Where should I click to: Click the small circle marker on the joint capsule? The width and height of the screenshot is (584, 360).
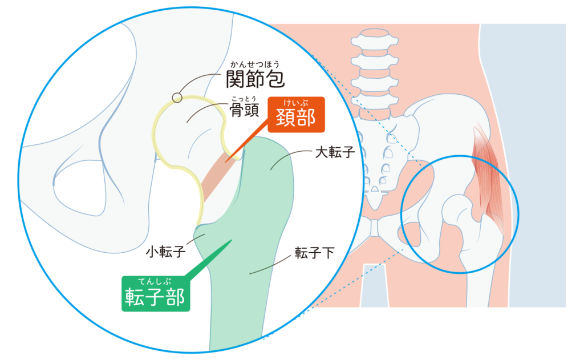(177, 98)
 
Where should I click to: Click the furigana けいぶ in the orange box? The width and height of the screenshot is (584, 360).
(295, 103)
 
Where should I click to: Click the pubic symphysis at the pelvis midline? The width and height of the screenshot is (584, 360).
(374, 228)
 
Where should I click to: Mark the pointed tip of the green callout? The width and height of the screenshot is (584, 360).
(232, 240)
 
